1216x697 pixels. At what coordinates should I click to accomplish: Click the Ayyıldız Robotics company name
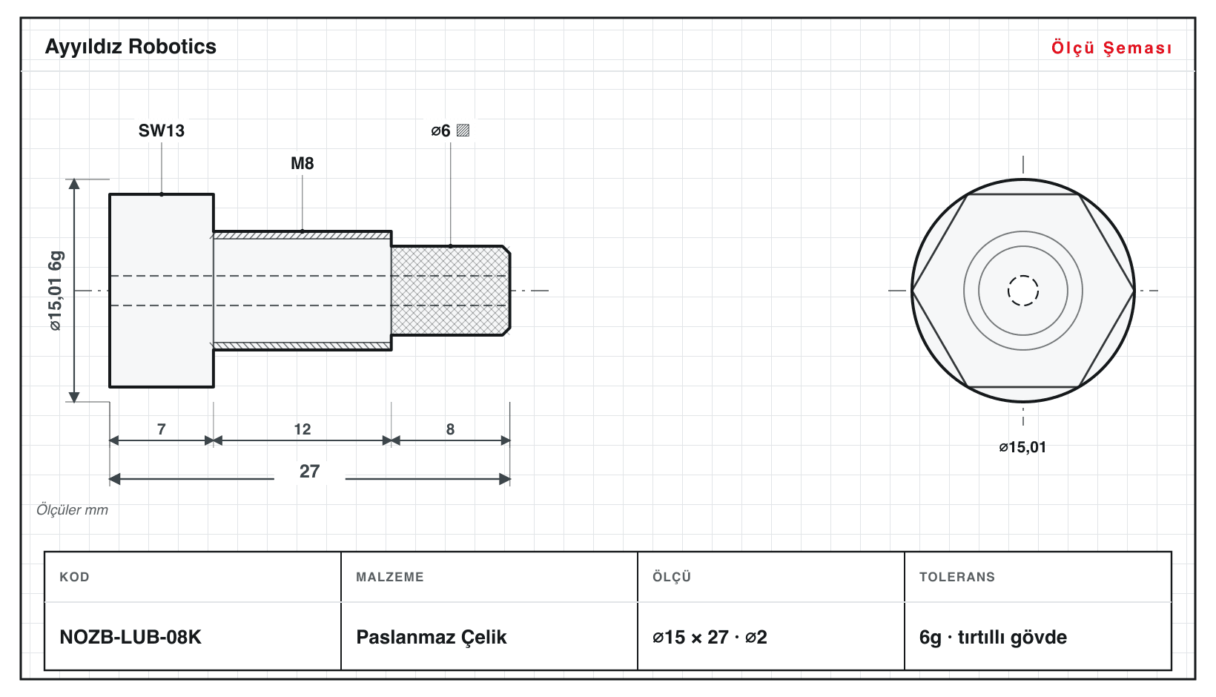[130, 47]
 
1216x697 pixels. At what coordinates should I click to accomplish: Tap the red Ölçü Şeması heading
[1111, 47]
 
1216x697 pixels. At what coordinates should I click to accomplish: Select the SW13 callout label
[161, 131]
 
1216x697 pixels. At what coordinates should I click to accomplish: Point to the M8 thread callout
[303, 163]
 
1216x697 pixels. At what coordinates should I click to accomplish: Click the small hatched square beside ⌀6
[463, 131]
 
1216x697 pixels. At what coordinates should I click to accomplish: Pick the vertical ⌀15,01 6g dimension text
[56, 291]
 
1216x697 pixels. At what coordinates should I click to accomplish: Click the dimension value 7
[161, 429]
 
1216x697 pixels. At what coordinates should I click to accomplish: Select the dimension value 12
[303, 429]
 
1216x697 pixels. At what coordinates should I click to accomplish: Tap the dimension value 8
[450, 429]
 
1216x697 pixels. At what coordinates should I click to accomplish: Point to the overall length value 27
[309, 471]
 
